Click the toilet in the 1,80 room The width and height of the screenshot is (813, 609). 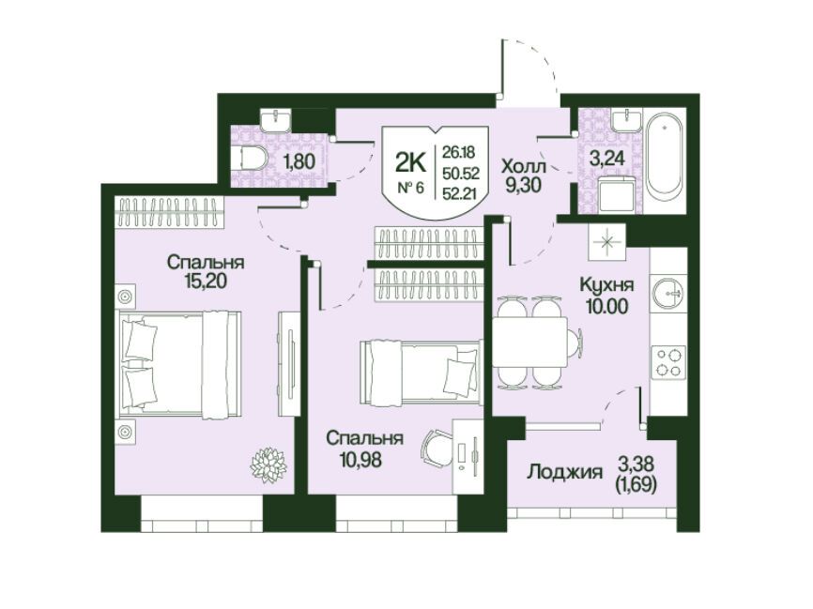point(249,158)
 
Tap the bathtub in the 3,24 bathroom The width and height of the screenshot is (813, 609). point(665,160)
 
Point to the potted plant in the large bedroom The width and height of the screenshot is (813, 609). point(268,464)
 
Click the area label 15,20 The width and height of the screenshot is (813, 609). point(206,281)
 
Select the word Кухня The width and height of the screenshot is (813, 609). point(606,285)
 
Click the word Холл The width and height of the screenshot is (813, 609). point(523,166)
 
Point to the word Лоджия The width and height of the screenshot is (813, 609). point(564,472)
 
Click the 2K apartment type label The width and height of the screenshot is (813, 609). point(410,162)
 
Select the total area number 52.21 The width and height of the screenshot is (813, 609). point(460,193)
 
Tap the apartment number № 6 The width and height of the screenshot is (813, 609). point(410,188)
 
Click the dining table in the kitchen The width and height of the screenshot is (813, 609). point(529,343)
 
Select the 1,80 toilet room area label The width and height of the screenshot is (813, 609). point(299,162)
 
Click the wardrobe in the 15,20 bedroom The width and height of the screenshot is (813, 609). point(170,212)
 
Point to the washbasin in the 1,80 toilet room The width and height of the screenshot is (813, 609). point(275,120)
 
